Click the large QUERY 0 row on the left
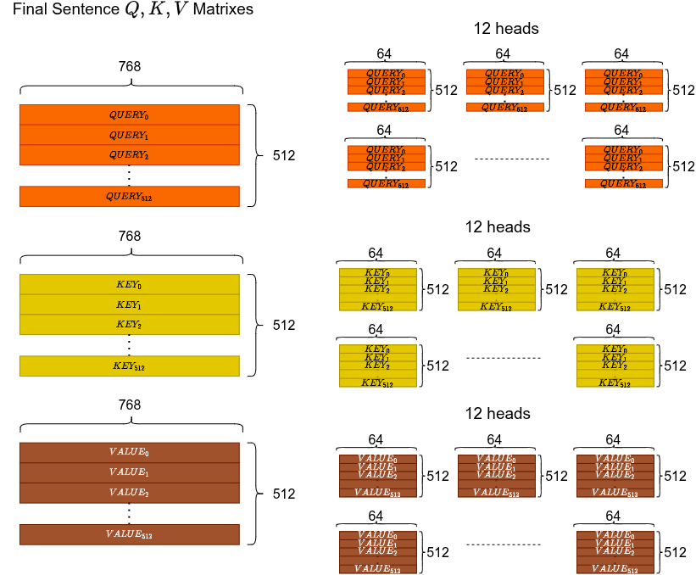(129, 114)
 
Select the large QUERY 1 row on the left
(129, 135)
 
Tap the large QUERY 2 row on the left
(129, 155)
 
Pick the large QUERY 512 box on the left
(129, 197)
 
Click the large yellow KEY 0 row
(129, 284)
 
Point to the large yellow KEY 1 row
(129, 304)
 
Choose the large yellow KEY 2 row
(129, 325)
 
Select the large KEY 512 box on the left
(129, 366)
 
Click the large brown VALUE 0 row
(129, 452)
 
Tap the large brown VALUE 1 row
(129, 472)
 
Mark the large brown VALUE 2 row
(129, 493)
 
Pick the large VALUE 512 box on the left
(129, 534)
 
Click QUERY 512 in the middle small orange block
(504, 108)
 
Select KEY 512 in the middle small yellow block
(496, 307)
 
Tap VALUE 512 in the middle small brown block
(496, 493)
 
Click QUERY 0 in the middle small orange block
(504, 74)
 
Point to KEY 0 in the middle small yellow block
(496, 273)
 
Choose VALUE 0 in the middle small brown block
(496, 459)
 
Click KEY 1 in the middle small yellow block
(496, 281)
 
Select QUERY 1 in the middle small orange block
(504, 81)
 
